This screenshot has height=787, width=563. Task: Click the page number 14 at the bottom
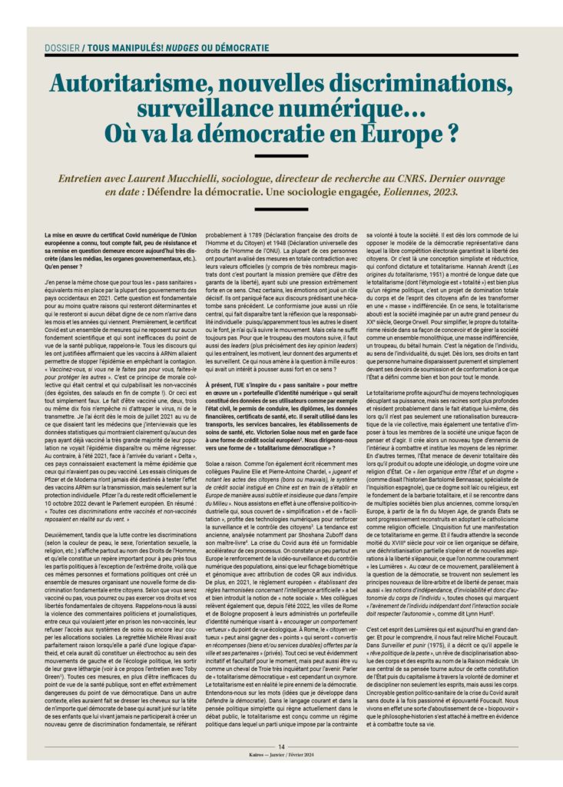282,765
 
